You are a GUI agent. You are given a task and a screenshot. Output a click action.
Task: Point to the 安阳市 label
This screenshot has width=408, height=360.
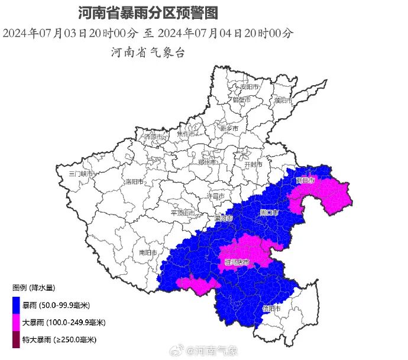click(250, 87)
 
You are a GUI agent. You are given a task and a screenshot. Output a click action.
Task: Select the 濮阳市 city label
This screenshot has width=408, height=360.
click(284, 100)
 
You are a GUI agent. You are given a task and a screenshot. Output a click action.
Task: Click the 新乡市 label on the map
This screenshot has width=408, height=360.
click(228, 128)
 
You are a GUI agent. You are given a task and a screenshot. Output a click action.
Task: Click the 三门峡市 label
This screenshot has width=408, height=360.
click(81, 174)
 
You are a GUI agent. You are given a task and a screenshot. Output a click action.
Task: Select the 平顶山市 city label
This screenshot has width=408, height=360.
click(182, 213)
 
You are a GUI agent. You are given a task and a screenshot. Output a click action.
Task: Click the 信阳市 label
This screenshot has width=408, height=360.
click(273, 308)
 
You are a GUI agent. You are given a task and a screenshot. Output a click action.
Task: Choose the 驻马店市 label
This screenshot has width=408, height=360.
click(237, 261)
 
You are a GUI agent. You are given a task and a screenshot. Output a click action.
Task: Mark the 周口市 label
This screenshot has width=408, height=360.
click(269, 211)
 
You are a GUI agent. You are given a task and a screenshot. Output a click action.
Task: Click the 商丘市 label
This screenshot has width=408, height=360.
click(306, 181)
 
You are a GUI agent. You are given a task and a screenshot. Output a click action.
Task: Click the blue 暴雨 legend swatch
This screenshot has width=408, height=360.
click(15, 305)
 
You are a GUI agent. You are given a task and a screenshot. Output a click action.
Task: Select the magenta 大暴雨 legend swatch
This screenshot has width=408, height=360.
click(15, 322)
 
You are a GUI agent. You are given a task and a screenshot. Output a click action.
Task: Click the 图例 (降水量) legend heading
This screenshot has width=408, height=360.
click(34, 288)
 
